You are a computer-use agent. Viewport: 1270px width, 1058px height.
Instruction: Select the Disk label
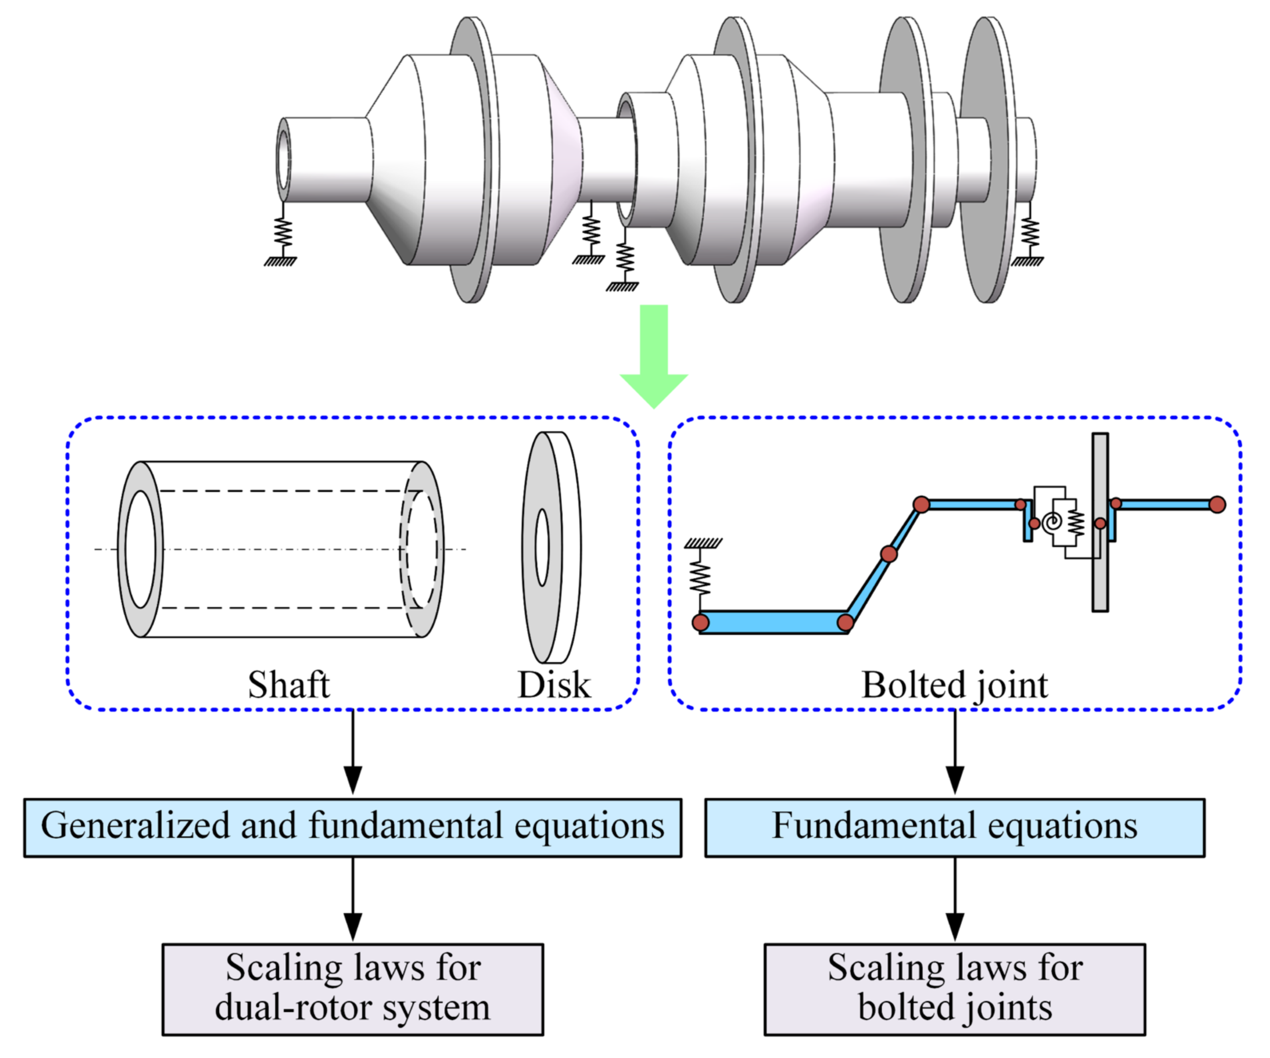(x=554, y=685)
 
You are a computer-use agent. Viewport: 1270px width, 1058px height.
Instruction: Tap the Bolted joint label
(x=954, y=685)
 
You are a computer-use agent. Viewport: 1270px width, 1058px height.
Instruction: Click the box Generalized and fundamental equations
(x=353, y=827)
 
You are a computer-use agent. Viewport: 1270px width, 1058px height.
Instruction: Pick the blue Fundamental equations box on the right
(x=954, y=827)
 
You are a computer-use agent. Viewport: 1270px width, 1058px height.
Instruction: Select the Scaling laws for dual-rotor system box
(x=353, y=988)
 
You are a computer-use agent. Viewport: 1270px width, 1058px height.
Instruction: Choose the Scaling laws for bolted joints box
(x=954, y=988)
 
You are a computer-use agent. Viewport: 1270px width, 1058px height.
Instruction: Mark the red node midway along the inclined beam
(x=888, y=553)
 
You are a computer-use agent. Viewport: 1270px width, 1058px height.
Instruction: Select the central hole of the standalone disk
(x=542, y=547)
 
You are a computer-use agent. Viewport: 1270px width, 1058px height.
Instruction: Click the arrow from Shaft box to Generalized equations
(x=353, y=753)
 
